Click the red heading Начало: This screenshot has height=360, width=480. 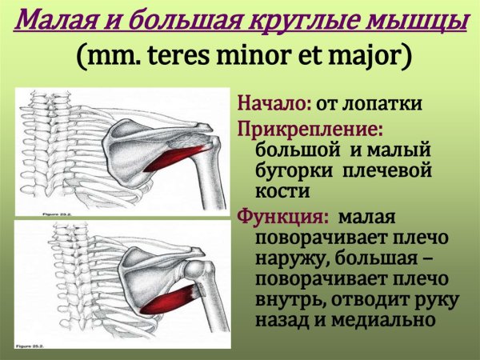pyautogui.click(x=274, y=104)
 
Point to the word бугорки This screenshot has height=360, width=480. pyautogui.click(x=295, y=171)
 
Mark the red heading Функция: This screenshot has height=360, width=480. pyautogui.click(x=283, y=215)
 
